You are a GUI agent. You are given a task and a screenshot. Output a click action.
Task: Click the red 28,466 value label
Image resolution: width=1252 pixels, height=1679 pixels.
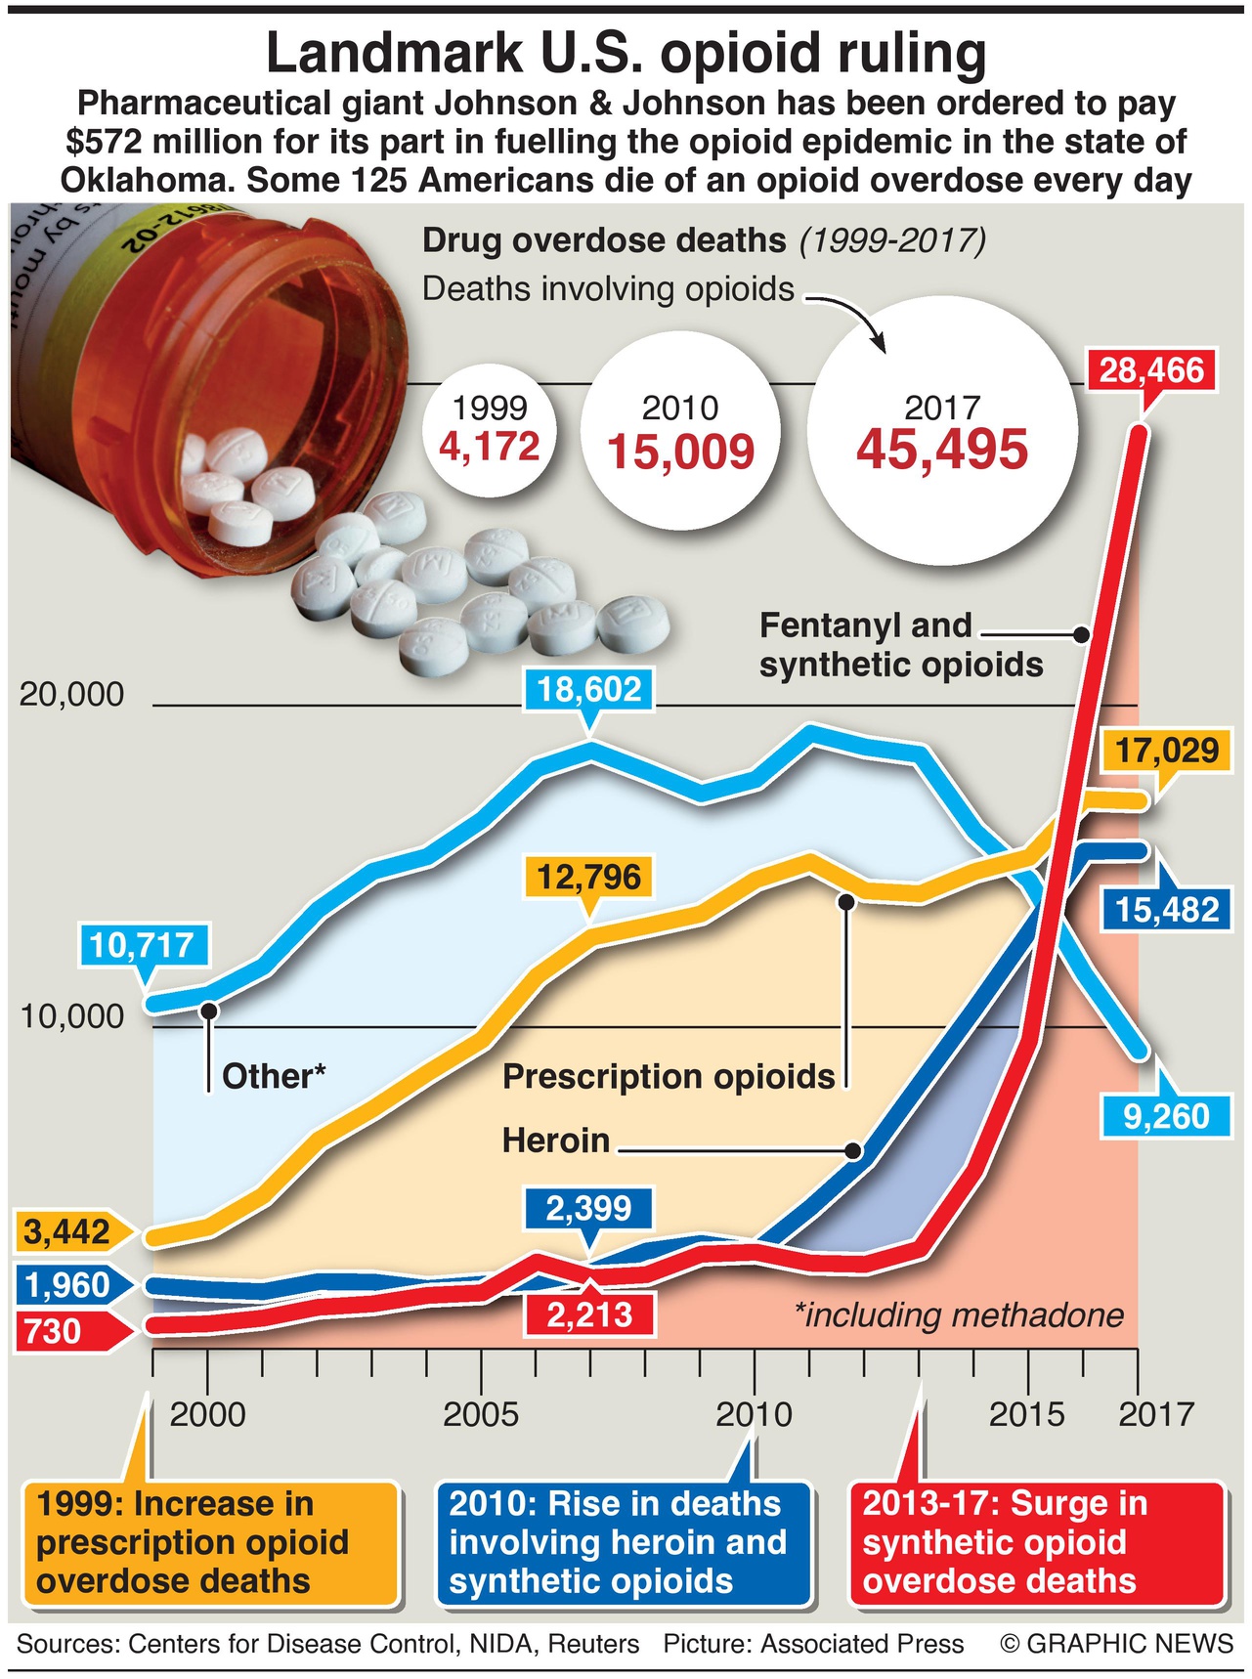click(1151, 370)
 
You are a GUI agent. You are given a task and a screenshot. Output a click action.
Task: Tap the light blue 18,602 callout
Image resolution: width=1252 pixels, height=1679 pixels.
click(588, 689)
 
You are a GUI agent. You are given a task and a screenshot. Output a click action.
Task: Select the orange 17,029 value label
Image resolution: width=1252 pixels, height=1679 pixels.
click(1167, 751)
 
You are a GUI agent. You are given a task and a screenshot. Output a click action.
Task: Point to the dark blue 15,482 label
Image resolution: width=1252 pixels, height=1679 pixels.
click(1167, 910)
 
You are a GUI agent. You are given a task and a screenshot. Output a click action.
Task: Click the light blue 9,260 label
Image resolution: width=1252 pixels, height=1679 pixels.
click(1166, 1115)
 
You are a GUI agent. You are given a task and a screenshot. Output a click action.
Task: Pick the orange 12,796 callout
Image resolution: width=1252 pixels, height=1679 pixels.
click(588, 877)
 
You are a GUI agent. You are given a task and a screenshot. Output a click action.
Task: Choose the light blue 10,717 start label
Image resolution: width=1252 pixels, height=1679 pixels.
click(142, 945)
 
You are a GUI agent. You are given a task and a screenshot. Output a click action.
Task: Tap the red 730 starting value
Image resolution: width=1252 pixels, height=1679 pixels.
click(54, 1331)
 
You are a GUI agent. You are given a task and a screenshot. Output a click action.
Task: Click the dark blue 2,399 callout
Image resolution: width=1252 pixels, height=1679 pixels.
click(588, 1208)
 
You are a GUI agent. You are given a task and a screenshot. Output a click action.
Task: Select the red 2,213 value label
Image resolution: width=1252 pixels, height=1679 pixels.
click(588, 1314)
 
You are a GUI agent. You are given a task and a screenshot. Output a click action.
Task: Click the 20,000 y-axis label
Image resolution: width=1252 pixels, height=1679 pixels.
click(72, 695)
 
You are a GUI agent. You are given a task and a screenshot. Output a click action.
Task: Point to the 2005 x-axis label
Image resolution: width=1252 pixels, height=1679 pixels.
click(481, 1413)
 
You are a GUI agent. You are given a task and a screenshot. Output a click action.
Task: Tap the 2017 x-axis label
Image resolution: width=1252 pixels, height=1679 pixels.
click(1156, 1413)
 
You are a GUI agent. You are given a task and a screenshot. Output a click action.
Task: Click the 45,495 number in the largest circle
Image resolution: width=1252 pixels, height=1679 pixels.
click(942, 450)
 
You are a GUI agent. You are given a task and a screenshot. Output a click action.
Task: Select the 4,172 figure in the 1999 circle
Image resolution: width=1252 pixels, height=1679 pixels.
click(490, 447)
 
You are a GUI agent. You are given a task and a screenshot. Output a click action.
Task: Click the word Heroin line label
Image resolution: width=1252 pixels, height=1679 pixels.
click(556, 1141)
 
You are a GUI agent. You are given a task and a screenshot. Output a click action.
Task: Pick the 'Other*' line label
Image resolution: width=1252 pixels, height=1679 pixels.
click(274, 1076)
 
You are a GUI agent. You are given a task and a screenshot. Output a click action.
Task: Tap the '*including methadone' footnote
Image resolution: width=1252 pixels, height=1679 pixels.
click(959, 1315)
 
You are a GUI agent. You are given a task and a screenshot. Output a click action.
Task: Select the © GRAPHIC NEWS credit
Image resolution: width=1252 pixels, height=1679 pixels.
click(1116, 1644)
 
